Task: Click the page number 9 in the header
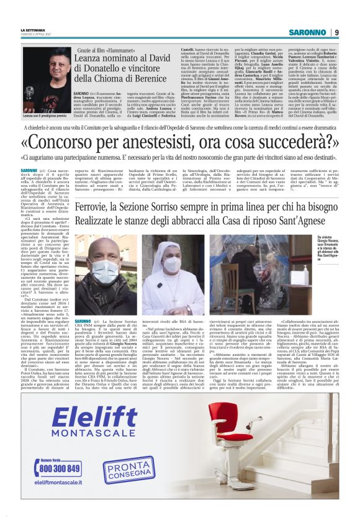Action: pyautogui.click(x=336, y=33)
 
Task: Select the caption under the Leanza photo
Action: pyautogui.click(x=43, y=115)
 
